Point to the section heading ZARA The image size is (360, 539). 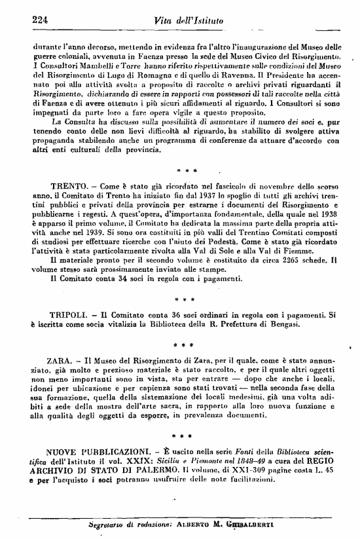pos(62,360)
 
